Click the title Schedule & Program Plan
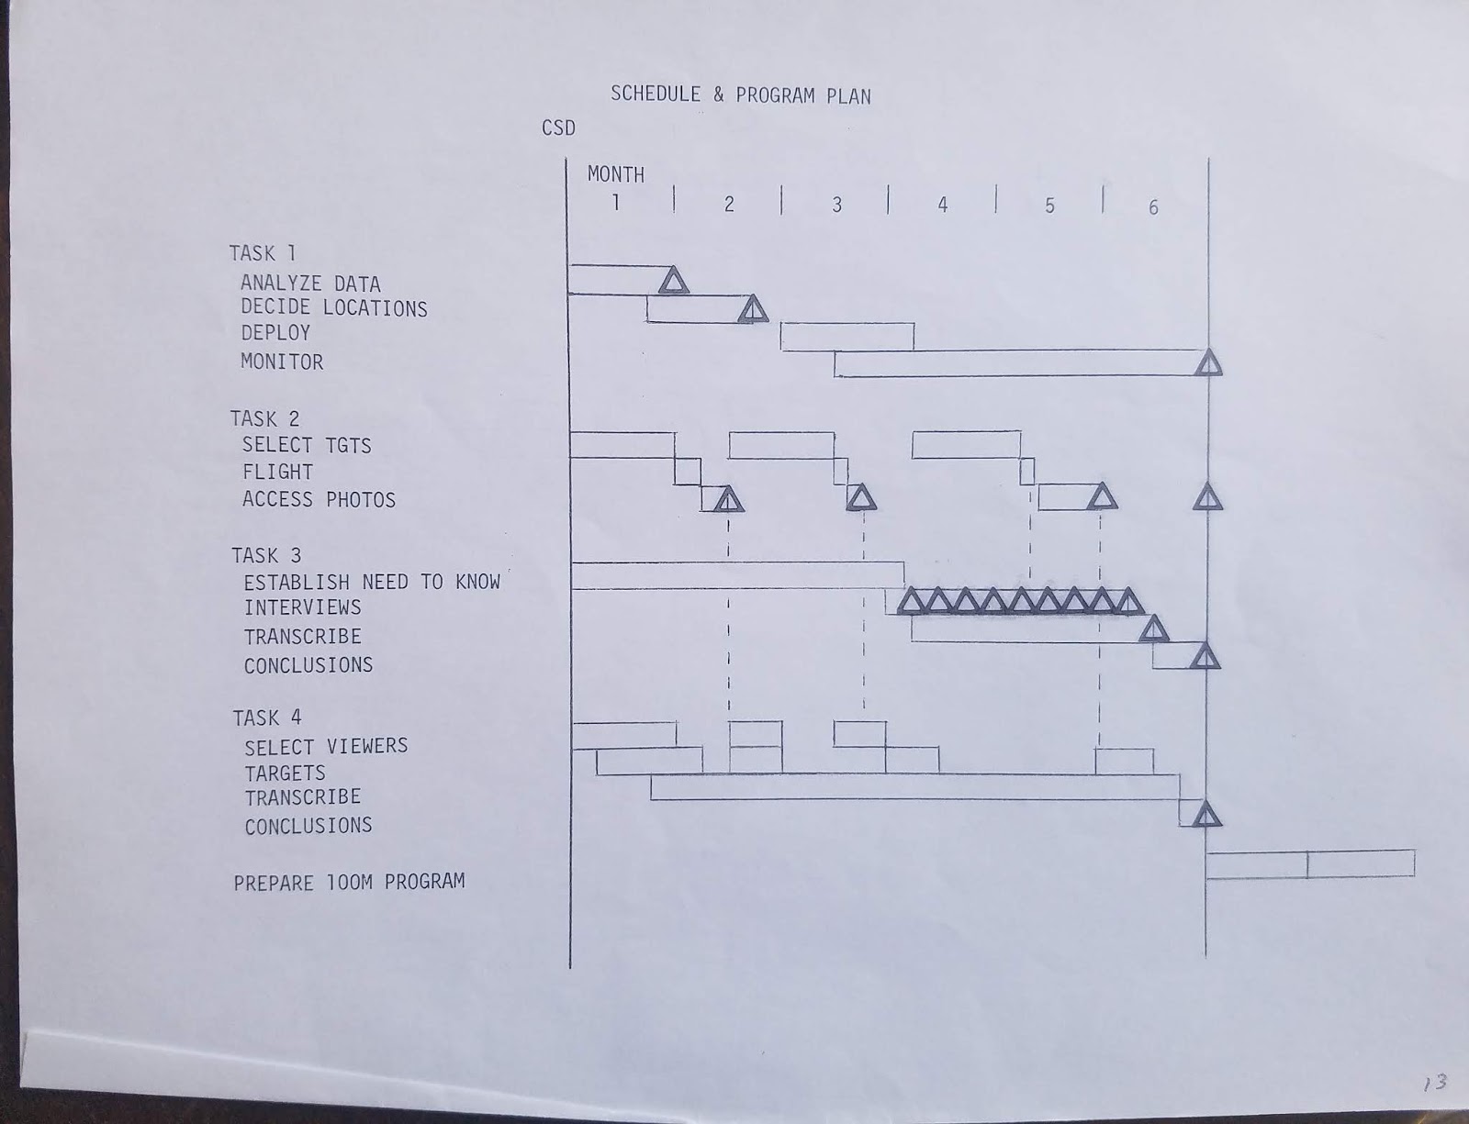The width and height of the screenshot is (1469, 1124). [740, 95]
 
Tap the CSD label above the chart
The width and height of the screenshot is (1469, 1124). [558, 128]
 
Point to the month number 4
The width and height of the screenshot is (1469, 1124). [942, 205]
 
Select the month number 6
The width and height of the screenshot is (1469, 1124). [1153, 207]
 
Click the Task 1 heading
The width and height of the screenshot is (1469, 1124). [263, 253]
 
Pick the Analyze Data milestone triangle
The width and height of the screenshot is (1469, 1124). [674, 280]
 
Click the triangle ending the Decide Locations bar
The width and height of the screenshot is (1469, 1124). [753, 309]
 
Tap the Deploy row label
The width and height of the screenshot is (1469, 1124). [275, 332]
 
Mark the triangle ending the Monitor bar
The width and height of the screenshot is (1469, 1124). [1208, 363]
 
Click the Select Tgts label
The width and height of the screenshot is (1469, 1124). [307, 446]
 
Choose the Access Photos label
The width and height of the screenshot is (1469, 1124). [319, 500]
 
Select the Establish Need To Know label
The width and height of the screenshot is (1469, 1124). [372, 582]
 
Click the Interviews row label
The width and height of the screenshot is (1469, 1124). [302, 607]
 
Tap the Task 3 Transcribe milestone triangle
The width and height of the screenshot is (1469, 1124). [1153, 629]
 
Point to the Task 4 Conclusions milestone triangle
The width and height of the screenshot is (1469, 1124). [1205, 814]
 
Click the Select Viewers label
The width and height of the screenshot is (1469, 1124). [326, 746]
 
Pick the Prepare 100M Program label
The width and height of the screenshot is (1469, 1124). [349, 883]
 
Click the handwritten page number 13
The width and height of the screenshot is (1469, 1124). [1435, 1083]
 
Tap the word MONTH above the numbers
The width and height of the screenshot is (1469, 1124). [616, 174]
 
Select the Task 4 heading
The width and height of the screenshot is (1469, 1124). [267, 718]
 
